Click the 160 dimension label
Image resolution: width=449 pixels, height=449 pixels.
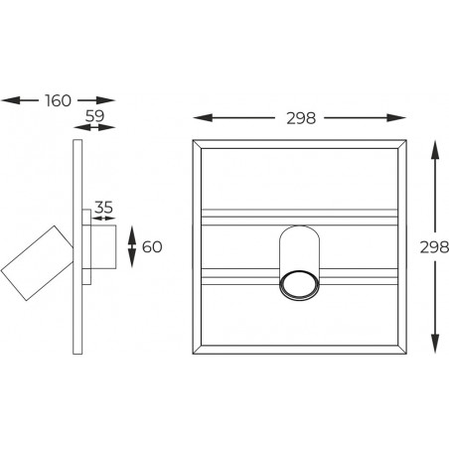point(59,100)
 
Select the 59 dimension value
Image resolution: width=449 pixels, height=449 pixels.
point(94,115)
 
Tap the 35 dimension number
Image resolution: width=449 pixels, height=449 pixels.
point(103,208)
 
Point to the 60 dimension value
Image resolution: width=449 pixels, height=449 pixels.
point(152,247)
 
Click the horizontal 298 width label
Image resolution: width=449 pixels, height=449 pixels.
point(301,118)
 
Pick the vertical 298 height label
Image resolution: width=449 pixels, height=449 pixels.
point(434,247)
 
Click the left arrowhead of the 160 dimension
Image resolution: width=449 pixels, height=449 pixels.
point(10,100)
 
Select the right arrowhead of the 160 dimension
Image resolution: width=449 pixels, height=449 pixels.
point(105,100)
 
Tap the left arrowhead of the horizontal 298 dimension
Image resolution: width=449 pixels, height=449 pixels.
point(203,117)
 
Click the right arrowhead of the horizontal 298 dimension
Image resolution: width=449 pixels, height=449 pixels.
point(396,117)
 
